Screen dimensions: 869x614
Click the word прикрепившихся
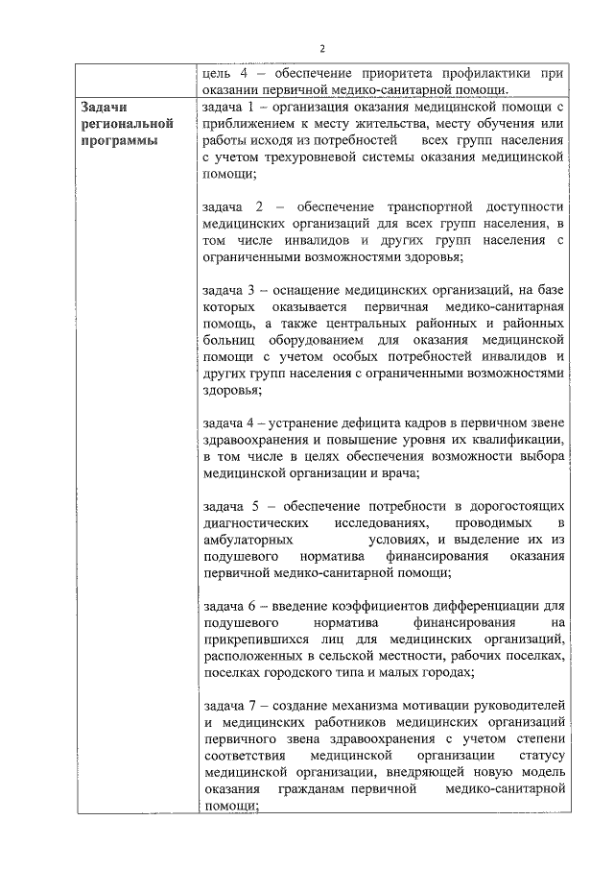pyautogui.click(x=250, y=640)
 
